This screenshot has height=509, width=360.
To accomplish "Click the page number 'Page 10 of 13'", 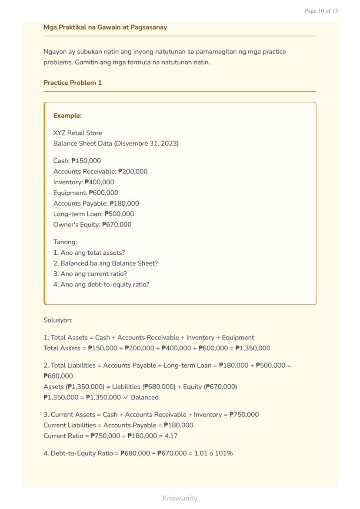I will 321,11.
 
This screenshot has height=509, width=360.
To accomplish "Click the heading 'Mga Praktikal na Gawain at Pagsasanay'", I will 105,27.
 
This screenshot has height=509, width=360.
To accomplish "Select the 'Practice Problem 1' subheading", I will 73,83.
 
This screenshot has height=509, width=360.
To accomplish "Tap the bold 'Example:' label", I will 67,116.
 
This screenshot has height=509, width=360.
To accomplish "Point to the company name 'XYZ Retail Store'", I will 78,133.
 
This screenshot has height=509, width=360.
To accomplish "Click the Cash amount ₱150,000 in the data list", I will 86,161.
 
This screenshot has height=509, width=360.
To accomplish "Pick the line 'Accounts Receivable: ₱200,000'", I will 100,171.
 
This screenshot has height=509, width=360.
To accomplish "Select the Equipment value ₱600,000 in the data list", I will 103,193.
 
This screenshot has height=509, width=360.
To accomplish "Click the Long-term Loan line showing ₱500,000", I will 93,214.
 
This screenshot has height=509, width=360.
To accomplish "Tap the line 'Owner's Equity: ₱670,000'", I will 92,225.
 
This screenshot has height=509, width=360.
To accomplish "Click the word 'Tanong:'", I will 65,242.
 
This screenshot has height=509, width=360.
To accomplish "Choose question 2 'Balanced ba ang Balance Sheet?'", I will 106,263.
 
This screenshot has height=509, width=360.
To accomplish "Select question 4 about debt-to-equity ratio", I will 101,285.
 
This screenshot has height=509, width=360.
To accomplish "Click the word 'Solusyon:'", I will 58,320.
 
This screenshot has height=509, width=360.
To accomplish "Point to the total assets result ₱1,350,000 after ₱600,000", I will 253,348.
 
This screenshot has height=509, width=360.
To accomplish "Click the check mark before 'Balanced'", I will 126,397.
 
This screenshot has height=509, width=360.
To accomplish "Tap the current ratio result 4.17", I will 171,436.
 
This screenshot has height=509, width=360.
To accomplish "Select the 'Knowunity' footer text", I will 180,498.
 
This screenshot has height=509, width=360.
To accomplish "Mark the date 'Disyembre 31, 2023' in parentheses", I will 146,143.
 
